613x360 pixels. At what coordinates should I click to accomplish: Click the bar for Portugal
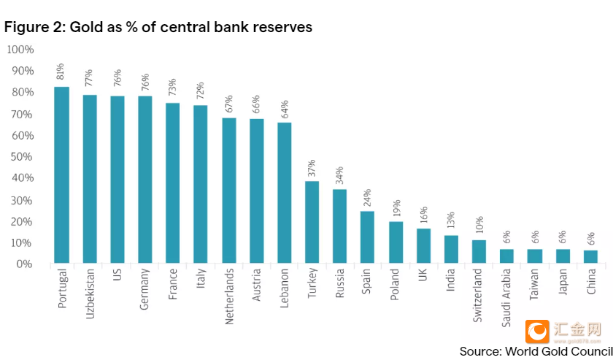coord(62,175)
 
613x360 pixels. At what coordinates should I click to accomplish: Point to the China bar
coord(590,256)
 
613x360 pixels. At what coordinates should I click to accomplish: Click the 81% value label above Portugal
coord(61,72)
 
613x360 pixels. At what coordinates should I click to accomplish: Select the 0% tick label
coord(25,264)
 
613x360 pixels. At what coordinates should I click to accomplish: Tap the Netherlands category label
coord(228,296)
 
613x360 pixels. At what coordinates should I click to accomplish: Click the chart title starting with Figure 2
coord(158,28)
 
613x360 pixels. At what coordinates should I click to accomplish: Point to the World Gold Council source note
coord(535,351)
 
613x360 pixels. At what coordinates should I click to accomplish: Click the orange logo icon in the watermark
coord(538,331)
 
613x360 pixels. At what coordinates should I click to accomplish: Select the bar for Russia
coord(339,226)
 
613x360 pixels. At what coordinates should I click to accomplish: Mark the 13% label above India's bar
coord(450,220)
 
